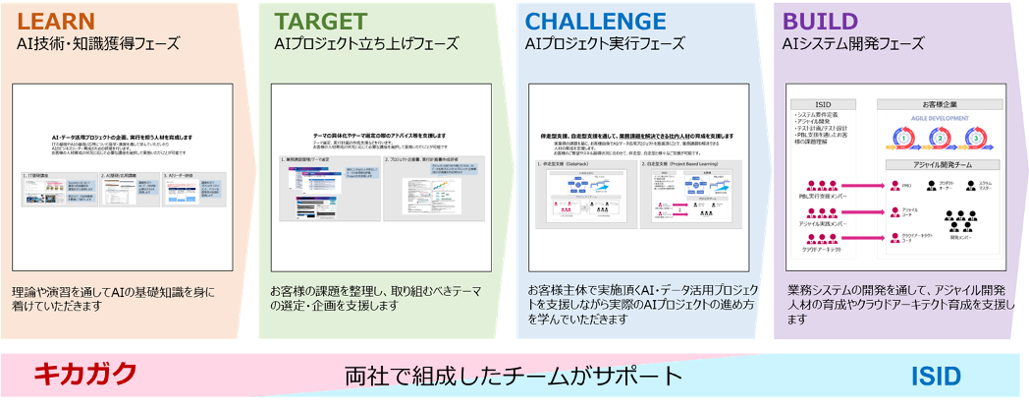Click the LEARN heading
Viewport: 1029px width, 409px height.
[x=56, y=21]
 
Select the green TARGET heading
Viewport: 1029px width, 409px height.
[x=320, y=21]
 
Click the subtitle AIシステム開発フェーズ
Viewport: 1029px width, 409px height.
[x=852, y=44]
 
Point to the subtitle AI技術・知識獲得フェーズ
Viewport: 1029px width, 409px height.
[x=97, y=44]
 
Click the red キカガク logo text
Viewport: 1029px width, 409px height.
[x=84, y=375]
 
